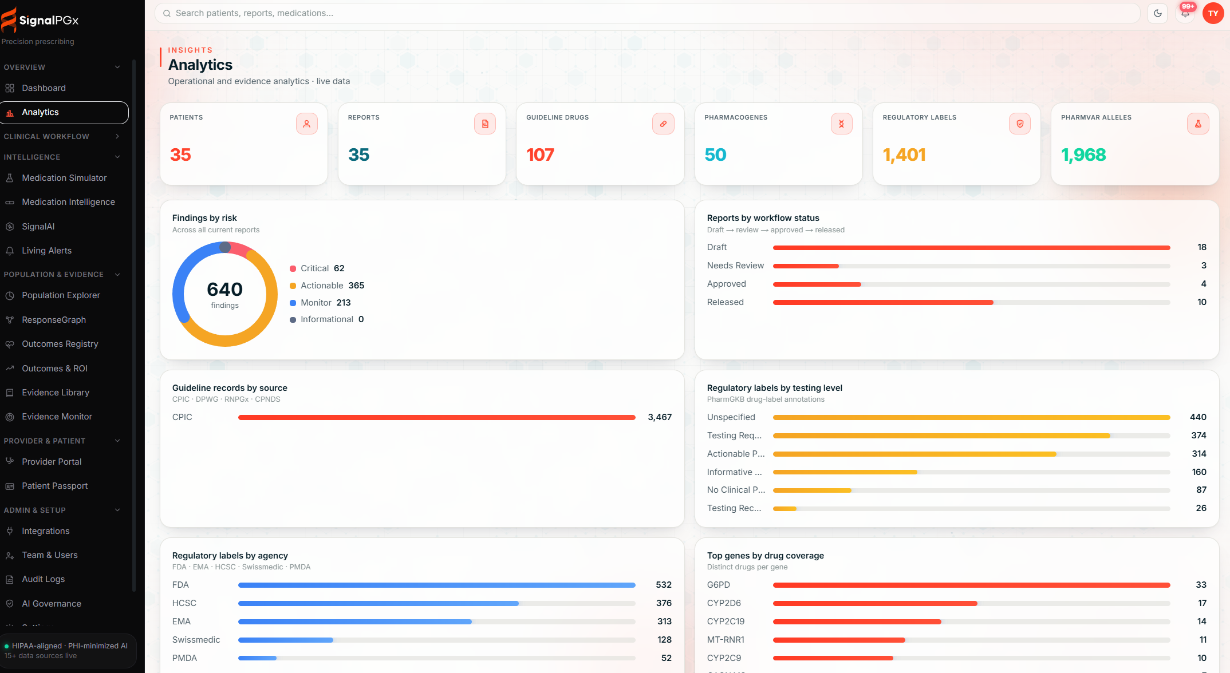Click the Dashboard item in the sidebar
coord(44,88)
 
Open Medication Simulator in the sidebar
coord(64,178)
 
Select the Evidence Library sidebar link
coord(56,393)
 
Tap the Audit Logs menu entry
coord(43,579)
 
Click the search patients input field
coord(647,13)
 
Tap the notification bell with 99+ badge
coord(1185,13)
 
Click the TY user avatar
coord(1213,13)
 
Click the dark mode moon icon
coord(1158,13)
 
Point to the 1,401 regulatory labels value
coord(904,155)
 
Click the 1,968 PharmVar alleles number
coord(1083,155)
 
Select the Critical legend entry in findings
coord(317,268)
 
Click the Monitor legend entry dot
coord(293,303)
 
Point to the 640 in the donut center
coord(224,289)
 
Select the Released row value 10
coord(1201,302)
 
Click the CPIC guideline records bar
coord(437,418)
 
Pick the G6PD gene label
coord(718,585)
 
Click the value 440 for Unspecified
coord(1198,417)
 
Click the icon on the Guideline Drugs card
coord(663,124)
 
